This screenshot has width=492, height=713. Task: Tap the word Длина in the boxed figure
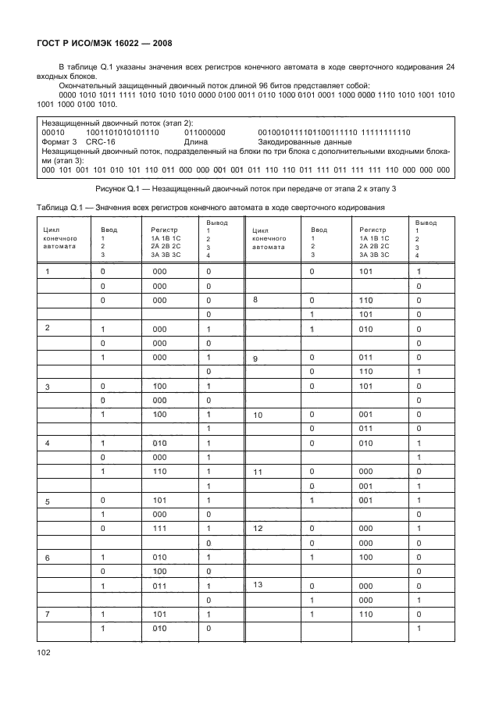coord(198,142)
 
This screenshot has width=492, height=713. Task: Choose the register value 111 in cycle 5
coord(161,529)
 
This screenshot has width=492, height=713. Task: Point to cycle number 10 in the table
coord(258,415)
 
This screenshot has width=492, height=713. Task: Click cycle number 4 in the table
coord(48,443)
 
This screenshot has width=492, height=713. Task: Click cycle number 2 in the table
coord(48,328)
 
